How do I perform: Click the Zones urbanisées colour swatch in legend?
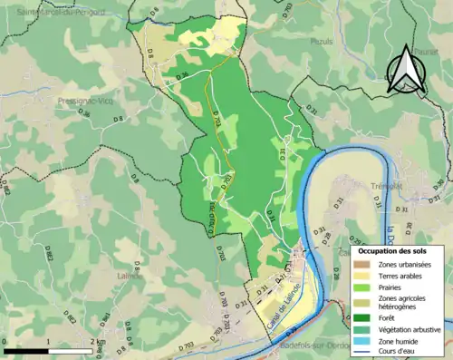pos(364,263)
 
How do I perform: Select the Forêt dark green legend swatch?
pos(364,316)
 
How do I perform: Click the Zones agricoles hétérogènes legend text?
pos(403,302)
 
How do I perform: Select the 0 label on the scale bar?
pos(5,342)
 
